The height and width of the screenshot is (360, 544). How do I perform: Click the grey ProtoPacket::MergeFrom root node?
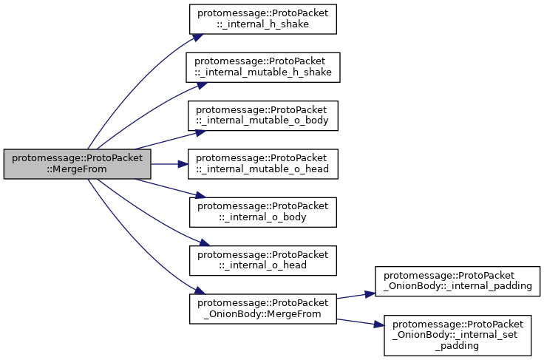pos(77,164)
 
